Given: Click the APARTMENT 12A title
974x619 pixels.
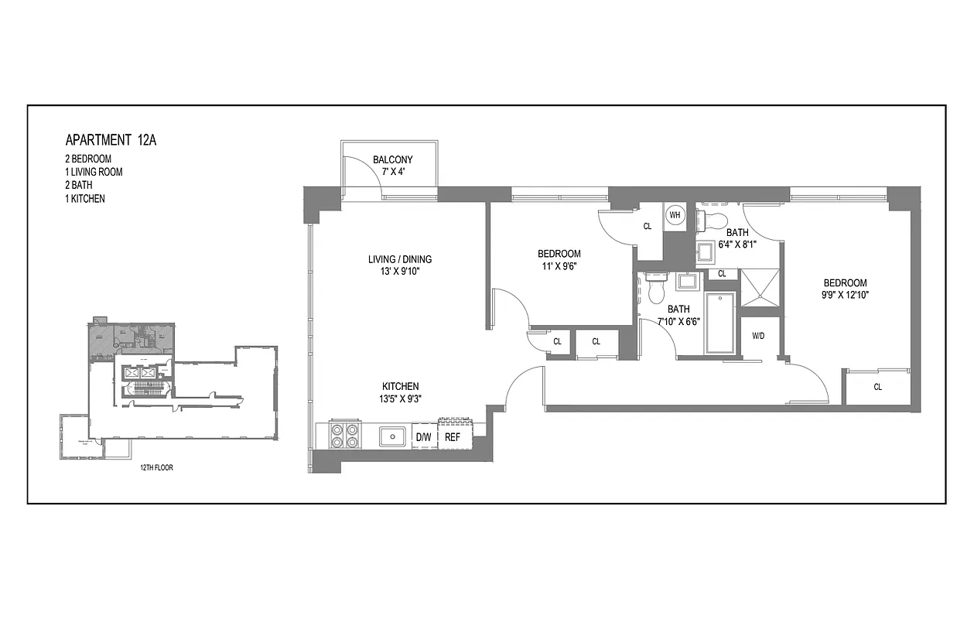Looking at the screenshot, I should [111, 140].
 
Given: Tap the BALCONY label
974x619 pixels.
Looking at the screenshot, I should [392, 160].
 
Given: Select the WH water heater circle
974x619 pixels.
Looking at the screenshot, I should [675, 214].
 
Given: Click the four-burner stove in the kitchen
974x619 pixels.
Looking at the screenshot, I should [344, 436].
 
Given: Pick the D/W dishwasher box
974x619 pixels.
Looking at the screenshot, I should [424, 437].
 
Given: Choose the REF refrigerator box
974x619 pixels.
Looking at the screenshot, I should [453, 437].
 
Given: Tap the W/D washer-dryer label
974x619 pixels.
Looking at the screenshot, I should [758, 336].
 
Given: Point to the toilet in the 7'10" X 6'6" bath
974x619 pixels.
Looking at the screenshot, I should [656, 290].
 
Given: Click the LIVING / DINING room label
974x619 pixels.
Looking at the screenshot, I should [399, 259].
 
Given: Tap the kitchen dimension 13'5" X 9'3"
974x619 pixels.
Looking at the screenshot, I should [400, 399].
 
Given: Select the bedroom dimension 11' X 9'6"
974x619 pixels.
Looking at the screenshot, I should [559, 266].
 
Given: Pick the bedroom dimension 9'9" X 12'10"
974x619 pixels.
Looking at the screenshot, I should [844, 296].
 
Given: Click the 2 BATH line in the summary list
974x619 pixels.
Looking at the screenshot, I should [79, 186].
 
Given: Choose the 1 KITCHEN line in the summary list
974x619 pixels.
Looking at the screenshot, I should [85, 199].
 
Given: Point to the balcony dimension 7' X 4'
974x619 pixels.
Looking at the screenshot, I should [391, 172].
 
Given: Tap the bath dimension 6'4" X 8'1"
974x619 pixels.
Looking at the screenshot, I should [736, 244].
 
